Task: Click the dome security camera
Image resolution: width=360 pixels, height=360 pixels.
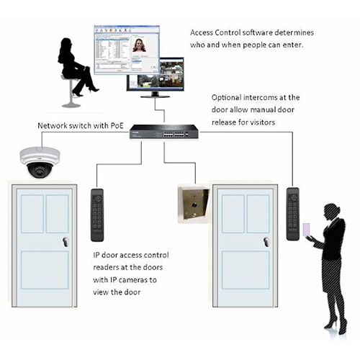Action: point(40,162)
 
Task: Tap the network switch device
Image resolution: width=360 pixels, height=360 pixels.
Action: point(164,132)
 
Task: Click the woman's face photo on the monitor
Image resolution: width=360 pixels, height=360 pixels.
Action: point(139,45)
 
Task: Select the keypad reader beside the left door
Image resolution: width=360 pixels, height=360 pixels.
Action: point(97,215)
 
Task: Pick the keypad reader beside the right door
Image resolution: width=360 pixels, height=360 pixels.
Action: point(293,214)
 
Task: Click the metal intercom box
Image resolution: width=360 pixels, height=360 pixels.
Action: point(194,204)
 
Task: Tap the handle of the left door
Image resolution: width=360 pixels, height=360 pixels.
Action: point(66,242)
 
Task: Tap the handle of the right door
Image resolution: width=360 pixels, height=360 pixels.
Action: point(266,242)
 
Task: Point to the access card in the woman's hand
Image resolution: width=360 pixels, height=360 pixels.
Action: point(306,230)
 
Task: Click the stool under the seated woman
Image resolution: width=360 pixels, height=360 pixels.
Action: point(71,91)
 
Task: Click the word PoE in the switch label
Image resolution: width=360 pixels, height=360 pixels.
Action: point(117,125)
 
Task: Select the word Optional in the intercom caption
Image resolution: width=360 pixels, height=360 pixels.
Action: point(226,98)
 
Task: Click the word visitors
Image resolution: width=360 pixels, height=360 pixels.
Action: point(262,122)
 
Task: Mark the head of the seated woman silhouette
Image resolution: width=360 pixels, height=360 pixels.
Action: point(66,45)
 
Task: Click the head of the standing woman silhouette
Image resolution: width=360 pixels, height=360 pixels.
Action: point(331,211)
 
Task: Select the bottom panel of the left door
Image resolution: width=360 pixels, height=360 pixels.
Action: point(45,270)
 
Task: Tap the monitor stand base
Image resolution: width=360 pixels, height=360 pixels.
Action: point(155,96)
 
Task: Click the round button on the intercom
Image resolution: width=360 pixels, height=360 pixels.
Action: point(194,205)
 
